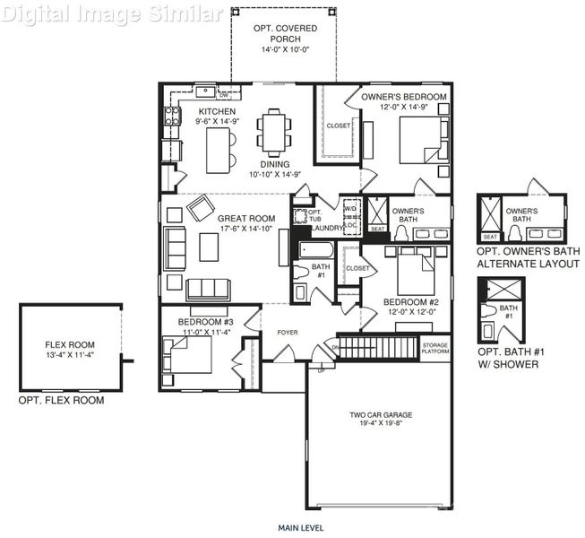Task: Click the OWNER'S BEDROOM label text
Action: [x=403, y=96]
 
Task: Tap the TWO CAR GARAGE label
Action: [x=382, y=415]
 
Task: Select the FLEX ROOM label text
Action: [x=70, y=344]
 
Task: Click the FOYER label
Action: [x=287, y=333]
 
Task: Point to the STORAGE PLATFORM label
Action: [x=435, y=348]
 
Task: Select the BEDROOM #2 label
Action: [x=410, y=302]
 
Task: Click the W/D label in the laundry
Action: [x=349, y=207]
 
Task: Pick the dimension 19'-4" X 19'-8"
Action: [x=382, y=425]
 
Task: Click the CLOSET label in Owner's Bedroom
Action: [x=339, y=126]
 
